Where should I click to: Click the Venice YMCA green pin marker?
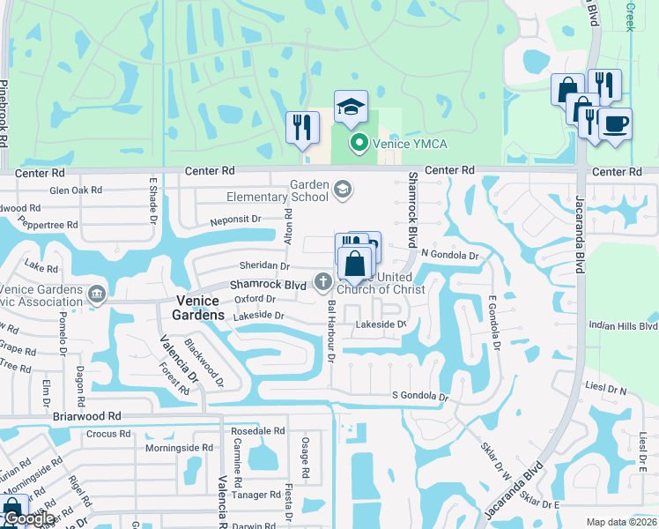pos(359,143)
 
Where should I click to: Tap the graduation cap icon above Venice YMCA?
pos(351,108)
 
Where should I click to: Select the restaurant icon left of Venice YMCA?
pos(302,126)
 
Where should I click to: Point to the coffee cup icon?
pos(615,123)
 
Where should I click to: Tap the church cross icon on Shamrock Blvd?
pos(323,282)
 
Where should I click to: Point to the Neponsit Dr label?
pos(235,219)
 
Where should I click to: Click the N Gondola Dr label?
pos(449,256)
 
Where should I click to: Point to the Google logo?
pos(28,518)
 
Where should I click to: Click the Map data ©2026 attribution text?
pos(620,522)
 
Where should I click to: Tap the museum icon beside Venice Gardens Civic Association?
pos(97,293)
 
